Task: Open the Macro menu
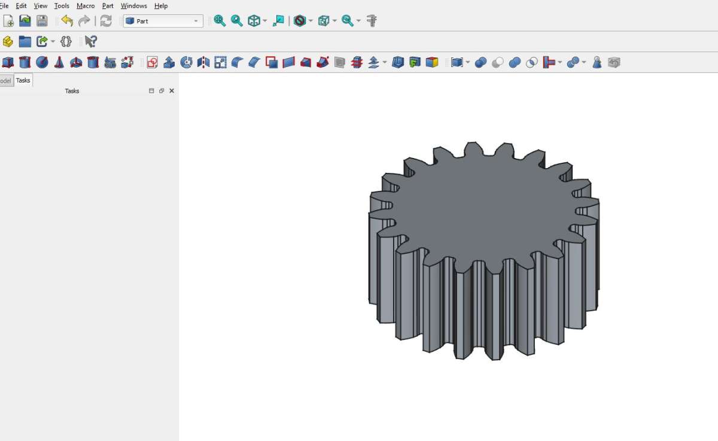click(86, 6)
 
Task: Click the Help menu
click(161, 6)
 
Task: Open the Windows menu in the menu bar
click(133, 6)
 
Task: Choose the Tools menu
click(62, 6)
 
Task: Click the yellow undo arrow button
click(67, 21)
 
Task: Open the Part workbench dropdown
click(163, 21)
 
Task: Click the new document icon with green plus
click(8, 21)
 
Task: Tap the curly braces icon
click(66, 41)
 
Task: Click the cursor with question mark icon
click(91, 41)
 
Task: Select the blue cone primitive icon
click(59, 62)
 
